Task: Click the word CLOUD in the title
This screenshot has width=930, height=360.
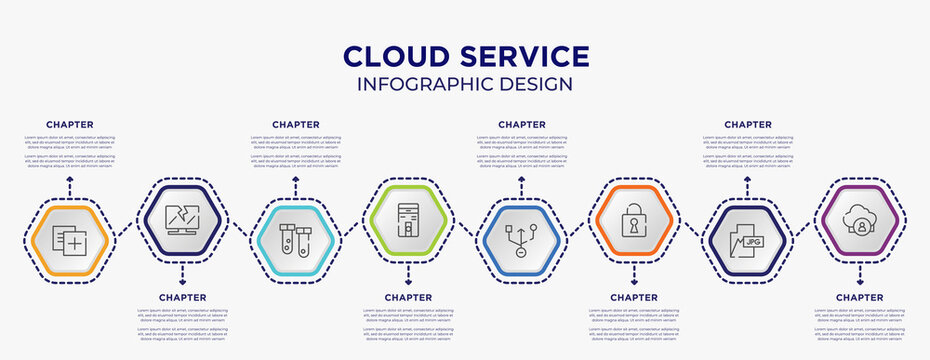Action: (x=393, y=56)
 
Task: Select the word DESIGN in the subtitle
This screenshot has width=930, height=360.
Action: (x=538, y=85)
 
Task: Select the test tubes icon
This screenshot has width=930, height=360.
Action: (x=295, y=241)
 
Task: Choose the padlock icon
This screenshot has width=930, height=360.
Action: (x=633, y=219)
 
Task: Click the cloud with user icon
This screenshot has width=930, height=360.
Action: (x=859, y=217)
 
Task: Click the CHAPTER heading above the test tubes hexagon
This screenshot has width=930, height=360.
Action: (x=296, y=125)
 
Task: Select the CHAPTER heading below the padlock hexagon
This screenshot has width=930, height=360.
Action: (x=634, y=297)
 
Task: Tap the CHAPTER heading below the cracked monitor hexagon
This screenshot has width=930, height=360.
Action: (x=183, y=297)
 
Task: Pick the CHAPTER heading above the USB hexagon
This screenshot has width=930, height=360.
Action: (x=522, y=125)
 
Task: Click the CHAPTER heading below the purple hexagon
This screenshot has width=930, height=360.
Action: (x=860, y=297)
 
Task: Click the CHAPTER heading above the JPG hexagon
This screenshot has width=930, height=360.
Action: (x=748, y=125)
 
